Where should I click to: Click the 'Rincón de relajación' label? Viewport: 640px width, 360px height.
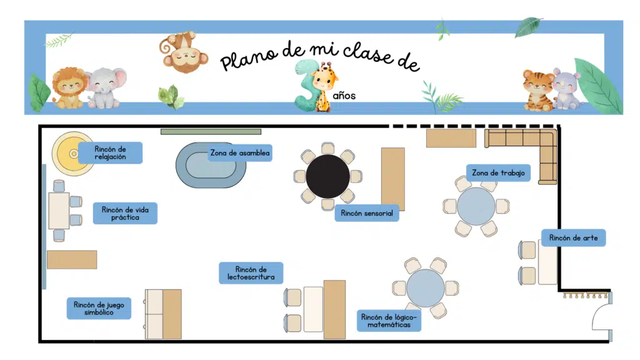click(110, 152)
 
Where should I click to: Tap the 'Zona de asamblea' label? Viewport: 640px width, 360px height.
click(240, 153)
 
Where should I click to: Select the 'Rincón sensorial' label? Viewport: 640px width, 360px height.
click(367, 213)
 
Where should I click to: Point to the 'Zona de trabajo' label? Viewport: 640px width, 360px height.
click(498, 172)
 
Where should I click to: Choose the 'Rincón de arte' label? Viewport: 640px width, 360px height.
click(574, 237)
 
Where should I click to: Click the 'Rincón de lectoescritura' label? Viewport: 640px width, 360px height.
click(251, 272)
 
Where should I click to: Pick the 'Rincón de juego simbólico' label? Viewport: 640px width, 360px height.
click(99, 308)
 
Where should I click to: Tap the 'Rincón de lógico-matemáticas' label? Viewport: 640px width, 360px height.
click(389, 321)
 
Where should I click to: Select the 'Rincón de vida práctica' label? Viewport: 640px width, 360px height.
click(125, 213)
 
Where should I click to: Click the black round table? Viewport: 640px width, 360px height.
click(327, 176)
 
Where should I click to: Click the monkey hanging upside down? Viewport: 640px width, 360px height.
click(183, 52)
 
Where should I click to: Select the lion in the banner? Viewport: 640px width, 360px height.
click(69, 88)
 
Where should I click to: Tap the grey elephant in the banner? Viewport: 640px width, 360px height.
click(106, 87)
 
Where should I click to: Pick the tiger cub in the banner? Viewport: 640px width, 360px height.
click(538, 90)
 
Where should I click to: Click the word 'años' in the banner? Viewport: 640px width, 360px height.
click(344, 96)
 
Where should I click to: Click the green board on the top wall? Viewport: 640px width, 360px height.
click(211, 131)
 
